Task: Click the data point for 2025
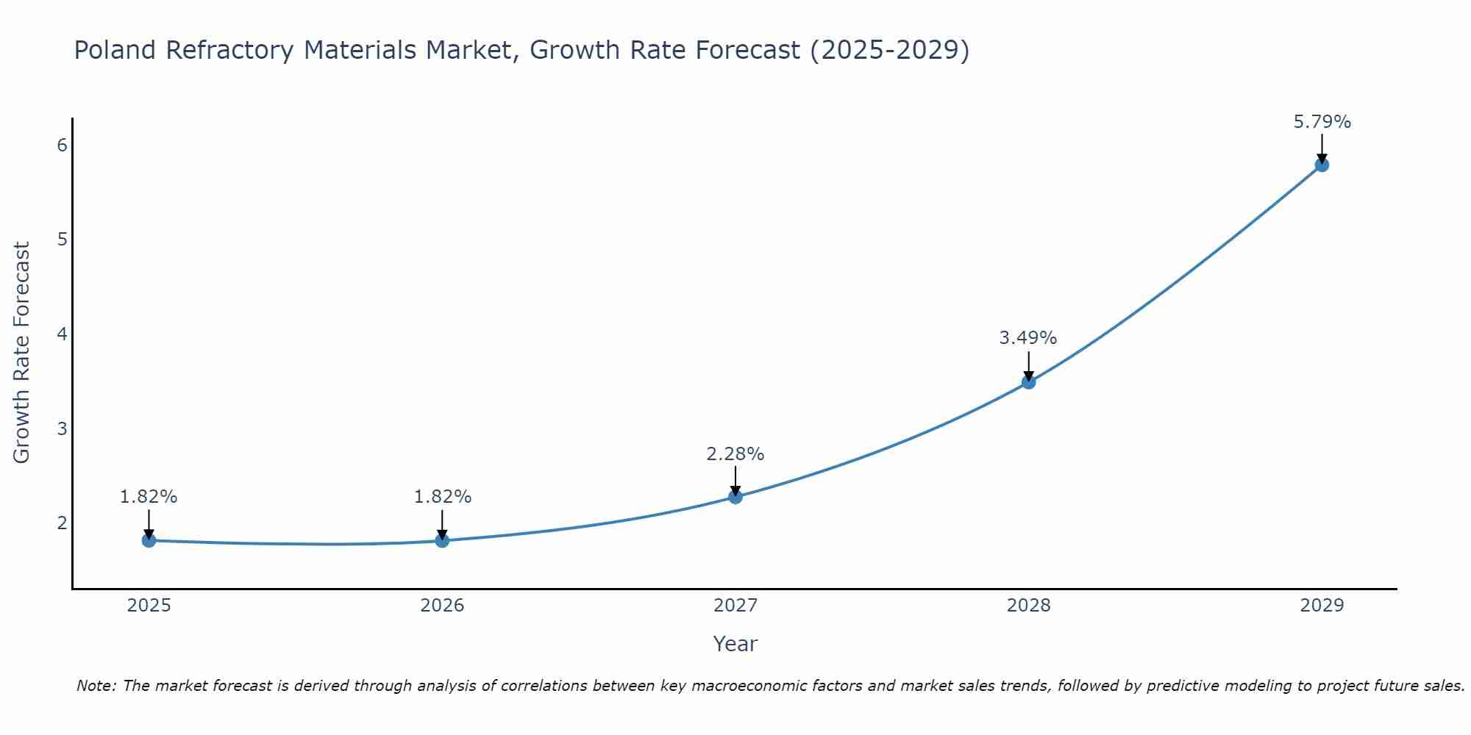[x=149, y=541]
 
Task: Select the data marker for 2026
[x=442, y=541]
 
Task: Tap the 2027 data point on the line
[x=735, y=497]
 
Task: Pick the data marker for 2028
[x=1028, y=382]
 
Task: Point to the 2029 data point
[x=1322, y=165]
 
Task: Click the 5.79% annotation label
[x=1322, y=122]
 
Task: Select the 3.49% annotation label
[x=1027, y=338]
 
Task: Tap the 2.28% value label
[x=735, y=454]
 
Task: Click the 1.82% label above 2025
[x=149, y=497]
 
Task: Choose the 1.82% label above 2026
[x=442, y=497]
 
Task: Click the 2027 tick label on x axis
[x=735, y=606]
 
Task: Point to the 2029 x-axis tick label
[x=1322, y=606]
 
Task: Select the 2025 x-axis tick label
[x=149, y=606]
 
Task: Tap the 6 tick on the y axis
[x=62, y=145]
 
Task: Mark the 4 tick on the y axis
[x=62, y=334]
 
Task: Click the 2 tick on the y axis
[x=62, y=523]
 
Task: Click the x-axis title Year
[x=735, y=644]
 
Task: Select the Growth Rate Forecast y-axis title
[x=22, y=353]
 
